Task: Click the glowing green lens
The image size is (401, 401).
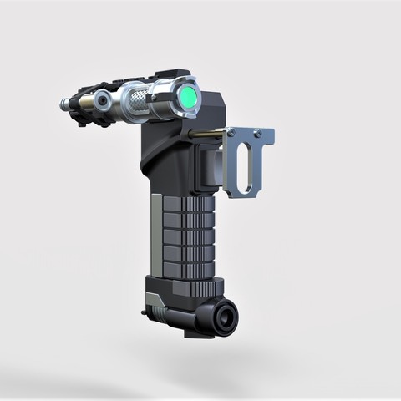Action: tap(190, 101)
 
